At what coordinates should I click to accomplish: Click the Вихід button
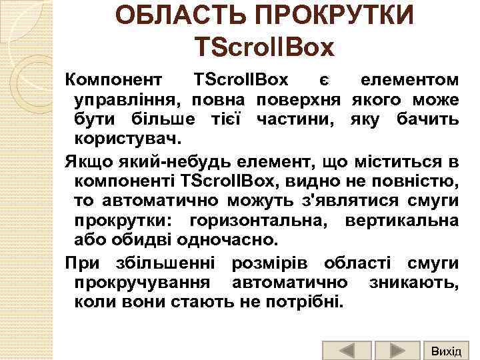click(x=446, y=350)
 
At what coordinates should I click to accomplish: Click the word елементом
click(x=409, y=81)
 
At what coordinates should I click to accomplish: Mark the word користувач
click(x=127, y=139)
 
